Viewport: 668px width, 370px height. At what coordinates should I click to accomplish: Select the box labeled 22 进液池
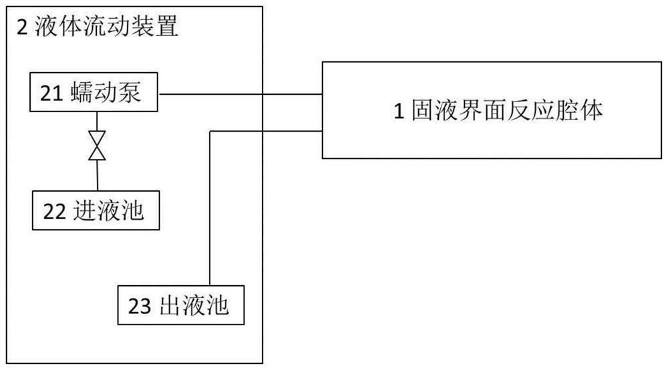click(98, 210)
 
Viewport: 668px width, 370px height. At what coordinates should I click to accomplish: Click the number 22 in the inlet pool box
click(53, 210)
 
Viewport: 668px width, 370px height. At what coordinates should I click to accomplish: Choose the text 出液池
click(195, 307)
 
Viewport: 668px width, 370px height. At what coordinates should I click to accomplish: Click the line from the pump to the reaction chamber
click(240, 94)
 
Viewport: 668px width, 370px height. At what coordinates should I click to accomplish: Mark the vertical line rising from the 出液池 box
click(211, 214)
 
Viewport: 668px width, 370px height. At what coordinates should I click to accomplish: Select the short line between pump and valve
click(98, 122)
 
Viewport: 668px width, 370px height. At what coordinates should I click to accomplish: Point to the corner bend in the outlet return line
click(211, 132)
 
